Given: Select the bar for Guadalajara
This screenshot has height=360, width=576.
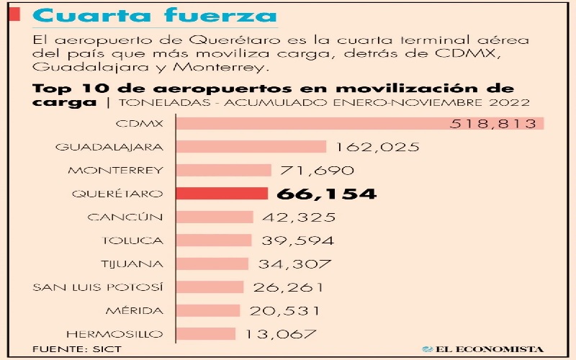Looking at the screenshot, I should [x=251, y=147].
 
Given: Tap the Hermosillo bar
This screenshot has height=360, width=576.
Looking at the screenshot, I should [x=205, y=334].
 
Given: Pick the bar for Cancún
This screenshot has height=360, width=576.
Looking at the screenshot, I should [x=215, y=217].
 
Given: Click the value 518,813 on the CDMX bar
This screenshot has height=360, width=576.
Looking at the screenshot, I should [x=494, y=124].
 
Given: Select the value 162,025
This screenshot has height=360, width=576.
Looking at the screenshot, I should [x=377, y=147].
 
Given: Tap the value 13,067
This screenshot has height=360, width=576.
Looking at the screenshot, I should [x=281, y=334].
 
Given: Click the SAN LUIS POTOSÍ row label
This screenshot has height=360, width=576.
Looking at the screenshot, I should [x=99, y=287].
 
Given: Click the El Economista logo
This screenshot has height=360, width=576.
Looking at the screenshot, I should [x=482, y=348].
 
